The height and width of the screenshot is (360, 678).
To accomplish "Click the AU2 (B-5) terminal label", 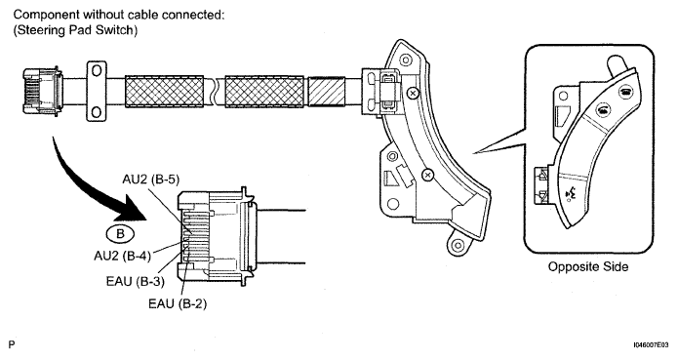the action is pyautogui.click(x=150, y=179).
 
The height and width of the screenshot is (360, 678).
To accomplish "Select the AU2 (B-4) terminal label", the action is pyautogui.click(x=122, y=256).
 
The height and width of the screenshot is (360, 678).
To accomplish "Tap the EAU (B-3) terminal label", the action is pyautogui.click(x=136, y=281).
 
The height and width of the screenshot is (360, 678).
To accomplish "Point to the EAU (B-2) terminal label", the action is pyautogui.click(x=178, y=303).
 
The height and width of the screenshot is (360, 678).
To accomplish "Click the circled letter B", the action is pyautogui.click(x=120, y=234).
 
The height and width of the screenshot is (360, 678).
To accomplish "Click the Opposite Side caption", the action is pyautogui.click(x=588, y=266).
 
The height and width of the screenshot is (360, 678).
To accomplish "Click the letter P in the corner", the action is pyautogui.click(x=12, y=344).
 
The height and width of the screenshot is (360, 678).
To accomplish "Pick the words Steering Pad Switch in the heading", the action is pyautogui.click(x=75, y=30).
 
